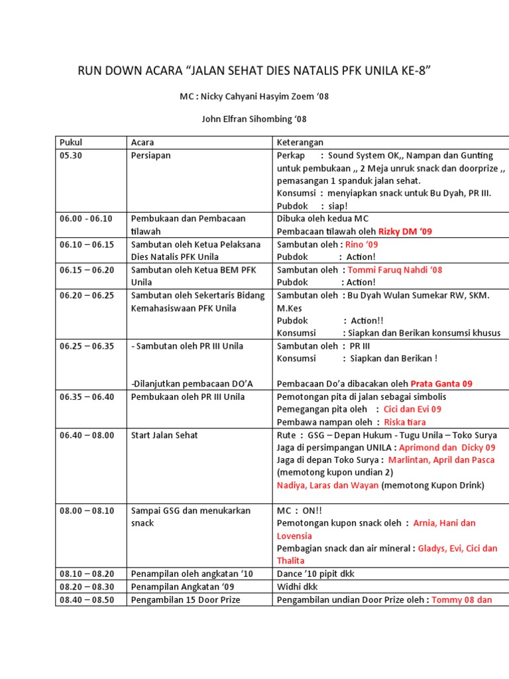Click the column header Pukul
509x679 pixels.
[x=70, y=143]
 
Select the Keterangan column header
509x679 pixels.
[x=300, y=143]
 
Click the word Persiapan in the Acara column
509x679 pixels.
[x=151, y=155]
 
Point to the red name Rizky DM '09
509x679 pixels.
[x=405, y=231]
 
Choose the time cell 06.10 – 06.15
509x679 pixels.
[x=87, y=244]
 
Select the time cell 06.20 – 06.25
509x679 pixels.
[x=87, y=295]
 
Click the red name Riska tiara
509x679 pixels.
[x=405, y=422]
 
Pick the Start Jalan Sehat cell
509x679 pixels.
[x=164, y=435]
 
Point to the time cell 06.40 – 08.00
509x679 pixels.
[x=87, y=435]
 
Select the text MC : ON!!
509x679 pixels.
[x=300, y=511]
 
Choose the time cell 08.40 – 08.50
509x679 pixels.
[x=87, y=600]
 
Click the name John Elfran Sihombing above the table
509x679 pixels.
[x=254, y=119]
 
